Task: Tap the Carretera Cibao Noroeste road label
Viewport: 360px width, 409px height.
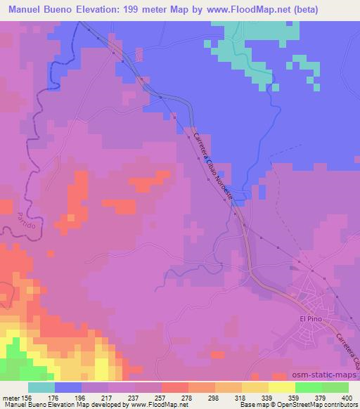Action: point(213,164)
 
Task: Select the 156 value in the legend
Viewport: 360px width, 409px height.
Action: point(27,398)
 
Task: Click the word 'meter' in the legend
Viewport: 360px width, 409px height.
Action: point(11,398)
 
